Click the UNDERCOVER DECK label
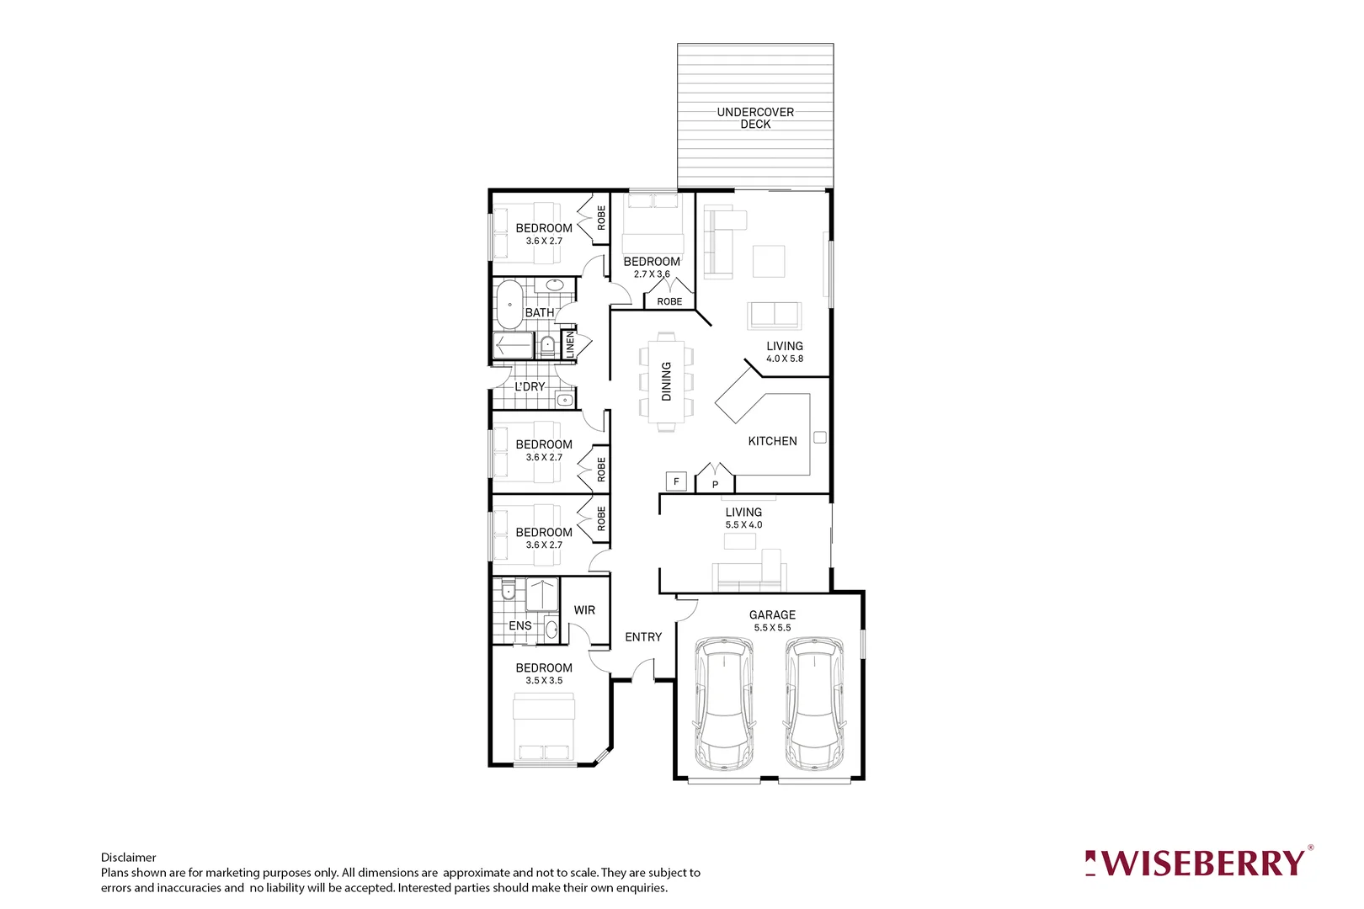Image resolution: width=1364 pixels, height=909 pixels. click(755, 118)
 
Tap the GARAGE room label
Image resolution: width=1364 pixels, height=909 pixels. click(772, 615)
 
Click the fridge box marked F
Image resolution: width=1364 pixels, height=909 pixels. click(676, 481)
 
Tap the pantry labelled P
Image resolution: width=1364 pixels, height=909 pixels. click(715, 484)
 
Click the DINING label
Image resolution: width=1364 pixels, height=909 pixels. click(666, 381)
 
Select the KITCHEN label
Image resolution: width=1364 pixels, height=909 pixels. click(772, 441)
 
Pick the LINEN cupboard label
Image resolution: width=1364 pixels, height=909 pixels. click(570, 344)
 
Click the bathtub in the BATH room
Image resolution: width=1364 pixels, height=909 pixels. click(509, 305)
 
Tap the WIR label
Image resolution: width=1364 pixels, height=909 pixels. click(584, 610)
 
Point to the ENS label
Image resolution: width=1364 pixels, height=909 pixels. click(520, 625)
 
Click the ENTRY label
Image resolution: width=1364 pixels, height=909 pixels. click(643, 637)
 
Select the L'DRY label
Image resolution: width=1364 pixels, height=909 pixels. click(530, 386)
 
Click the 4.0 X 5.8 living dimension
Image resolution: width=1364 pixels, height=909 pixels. click(785, 359)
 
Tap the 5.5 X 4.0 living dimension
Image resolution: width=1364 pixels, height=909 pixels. click(743, 525)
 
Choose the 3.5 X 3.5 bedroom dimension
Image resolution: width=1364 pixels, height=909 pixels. click(544, 681)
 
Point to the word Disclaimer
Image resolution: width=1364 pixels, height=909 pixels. click(129, 858)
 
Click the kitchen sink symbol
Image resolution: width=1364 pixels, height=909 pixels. click(820, 438)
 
